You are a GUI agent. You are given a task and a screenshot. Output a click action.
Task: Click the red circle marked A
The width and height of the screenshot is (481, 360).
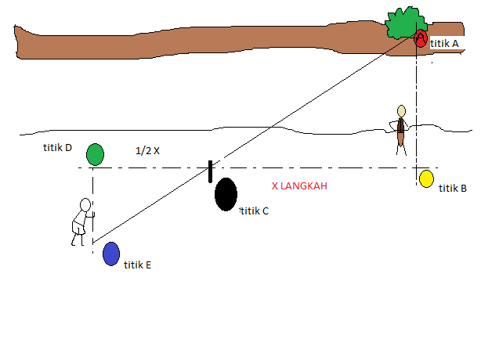tap(421, 38)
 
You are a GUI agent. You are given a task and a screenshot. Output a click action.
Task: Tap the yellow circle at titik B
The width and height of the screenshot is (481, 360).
tap(426, 178)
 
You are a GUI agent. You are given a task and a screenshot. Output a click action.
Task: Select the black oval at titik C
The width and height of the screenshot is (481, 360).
tap(226, 194)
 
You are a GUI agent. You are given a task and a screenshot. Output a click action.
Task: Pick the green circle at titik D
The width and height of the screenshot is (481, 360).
tap(95, 154)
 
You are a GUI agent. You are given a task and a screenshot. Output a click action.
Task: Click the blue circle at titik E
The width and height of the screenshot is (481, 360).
tap(111, 254)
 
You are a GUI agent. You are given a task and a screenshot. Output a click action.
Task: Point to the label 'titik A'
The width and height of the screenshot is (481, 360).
tap(444, 45)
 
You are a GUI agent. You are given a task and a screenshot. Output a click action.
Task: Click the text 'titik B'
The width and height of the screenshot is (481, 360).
tap(453, 188)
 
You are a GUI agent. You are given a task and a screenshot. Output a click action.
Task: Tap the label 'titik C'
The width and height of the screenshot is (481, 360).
tap(255, 211)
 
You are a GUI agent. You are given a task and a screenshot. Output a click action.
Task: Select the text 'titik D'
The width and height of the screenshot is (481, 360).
tap(58, 147)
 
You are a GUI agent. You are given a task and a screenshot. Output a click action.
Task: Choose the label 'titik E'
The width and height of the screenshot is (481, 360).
tap(137, 265)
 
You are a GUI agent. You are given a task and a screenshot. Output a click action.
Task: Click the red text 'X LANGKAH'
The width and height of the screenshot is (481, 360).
tap(298, 186)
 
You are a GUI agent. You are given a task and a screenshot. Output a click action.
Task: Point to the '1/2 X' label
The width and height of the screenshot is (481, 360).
tap(147, 150)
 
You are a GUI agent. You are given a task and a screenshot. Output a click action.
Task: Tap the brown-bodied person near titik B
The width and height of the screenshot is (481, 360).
tap(401, 129)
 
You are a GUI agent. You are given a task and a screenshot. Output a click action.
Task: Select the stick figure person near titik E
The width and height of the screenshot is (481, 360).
tap(81, 221)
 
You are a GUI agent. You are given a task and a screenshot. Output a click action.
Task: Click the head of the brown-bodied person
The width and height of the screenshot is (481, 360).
tap(401, 110)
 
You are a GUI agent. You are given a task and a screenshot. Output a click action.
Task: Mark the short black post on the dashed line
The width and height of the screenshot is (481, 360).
tap(210, 171)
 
